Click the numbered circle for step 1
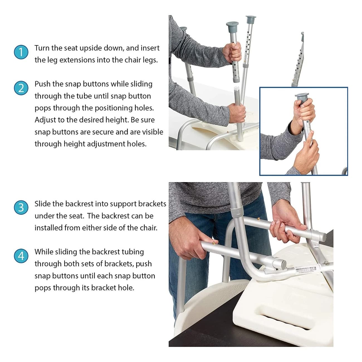(x=21, y=52)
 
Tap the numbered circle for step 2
(x=21, y=88)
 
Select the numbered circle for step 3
(x=21, y=208)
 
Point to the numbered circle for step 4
(x=21, y=256)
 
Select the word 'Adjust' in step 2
(x=45, y=120)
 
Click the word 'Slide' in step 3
(x=42, y=204)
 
